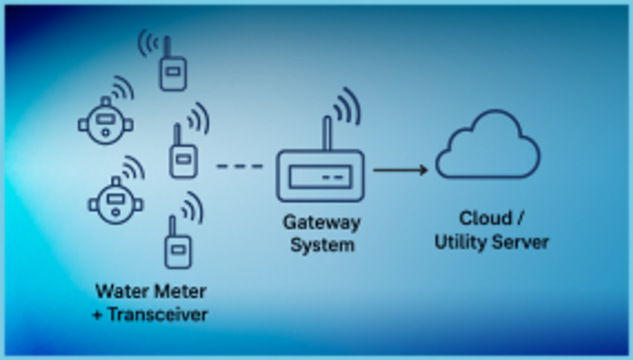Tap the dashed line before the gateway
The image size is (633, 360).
tap(240, 166)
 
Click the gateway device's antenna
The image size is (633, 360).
tap(327, 133)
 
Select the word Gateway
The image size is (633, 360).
tap(321, 222)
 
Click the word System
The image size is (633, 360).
tap(322, 245)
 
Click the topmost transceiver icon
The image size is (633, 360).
tap(172, 72)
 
